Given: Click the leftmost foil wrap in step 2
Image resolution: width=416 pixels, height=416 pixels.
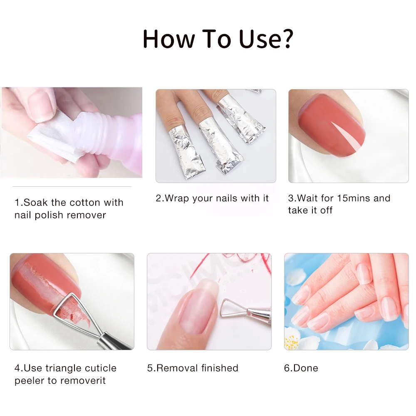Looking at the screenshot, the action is (186, 151).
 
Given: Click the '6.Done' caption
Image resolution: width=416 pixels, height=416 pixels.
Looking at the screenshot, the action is (301, 368).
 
